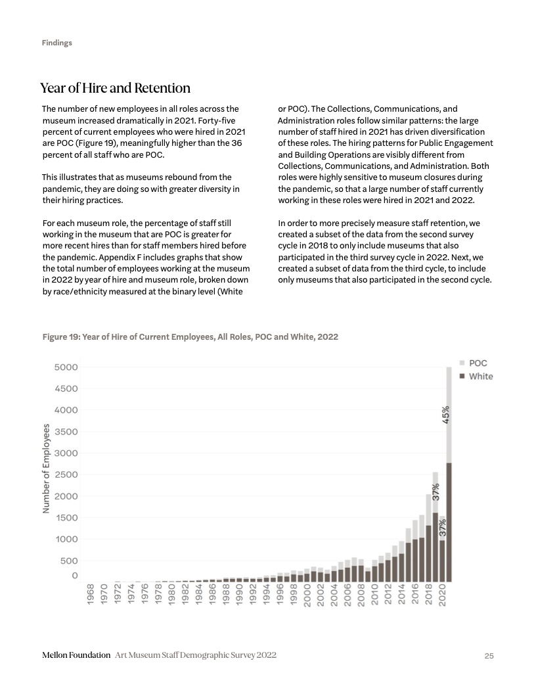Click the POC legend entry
point(478,363)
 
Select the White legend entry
point(480,377)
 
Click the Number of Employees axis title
point(47,468)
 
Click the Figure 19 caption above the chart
point(190,336)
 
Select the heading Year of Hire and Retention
point(115,88)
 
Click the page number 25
point(489,656)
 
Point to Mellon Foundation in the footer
point(76,656)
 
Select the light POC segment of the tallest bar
point(449,394)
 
